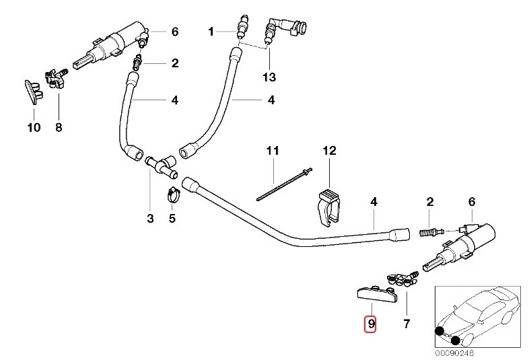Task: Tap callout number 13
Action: tap(269, 77)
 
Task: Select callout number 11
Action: tap(271, 151)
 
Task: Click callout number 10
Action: tap(33, 127)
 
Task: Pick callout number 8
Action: tap(59, 127)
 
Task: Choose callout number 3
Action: tap(150, 218)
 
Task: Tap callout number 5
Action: tap(172, 218)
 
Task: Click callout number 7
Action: tap(406, 324)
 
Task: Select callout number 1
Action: tap(211, 31)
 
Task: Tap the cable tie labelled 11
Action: tap(283, 188)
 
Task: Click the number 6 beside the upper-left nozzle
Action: tap(174, 31)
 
